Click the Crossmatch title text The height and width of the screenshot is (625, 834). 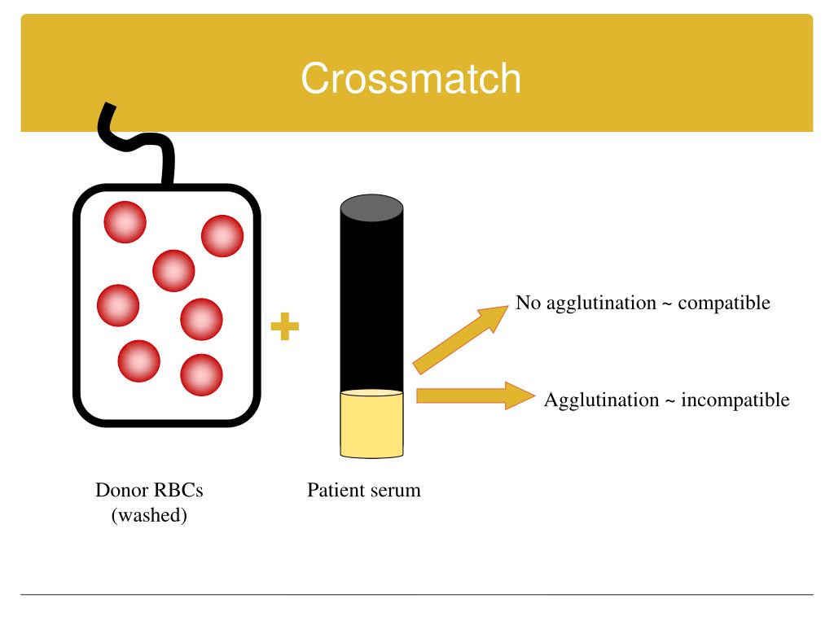point(410,80)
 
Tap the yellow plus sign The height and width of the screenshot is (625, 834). point(284,328)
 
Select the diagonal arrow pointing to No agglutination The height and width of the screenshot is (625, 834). point(461,338)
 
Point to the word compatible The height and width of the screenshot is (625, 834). point(724,304)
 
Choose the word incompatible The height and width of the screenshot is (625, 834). point(735,400)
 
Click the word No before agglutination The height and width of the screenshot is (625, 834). point(526,304)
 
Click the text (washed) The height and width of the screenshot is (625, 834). point(149,516)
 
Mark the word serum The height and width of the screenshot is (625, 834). point(396,491)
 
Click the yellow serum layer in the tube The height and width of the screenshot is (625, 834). point(371,423)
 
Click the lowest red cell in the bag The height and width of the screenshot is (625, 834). point(201,374)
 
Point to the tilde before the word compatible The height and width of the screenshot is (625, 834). point(667,304)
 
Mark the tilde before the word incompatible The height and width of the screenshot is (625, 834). point(670,401)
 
